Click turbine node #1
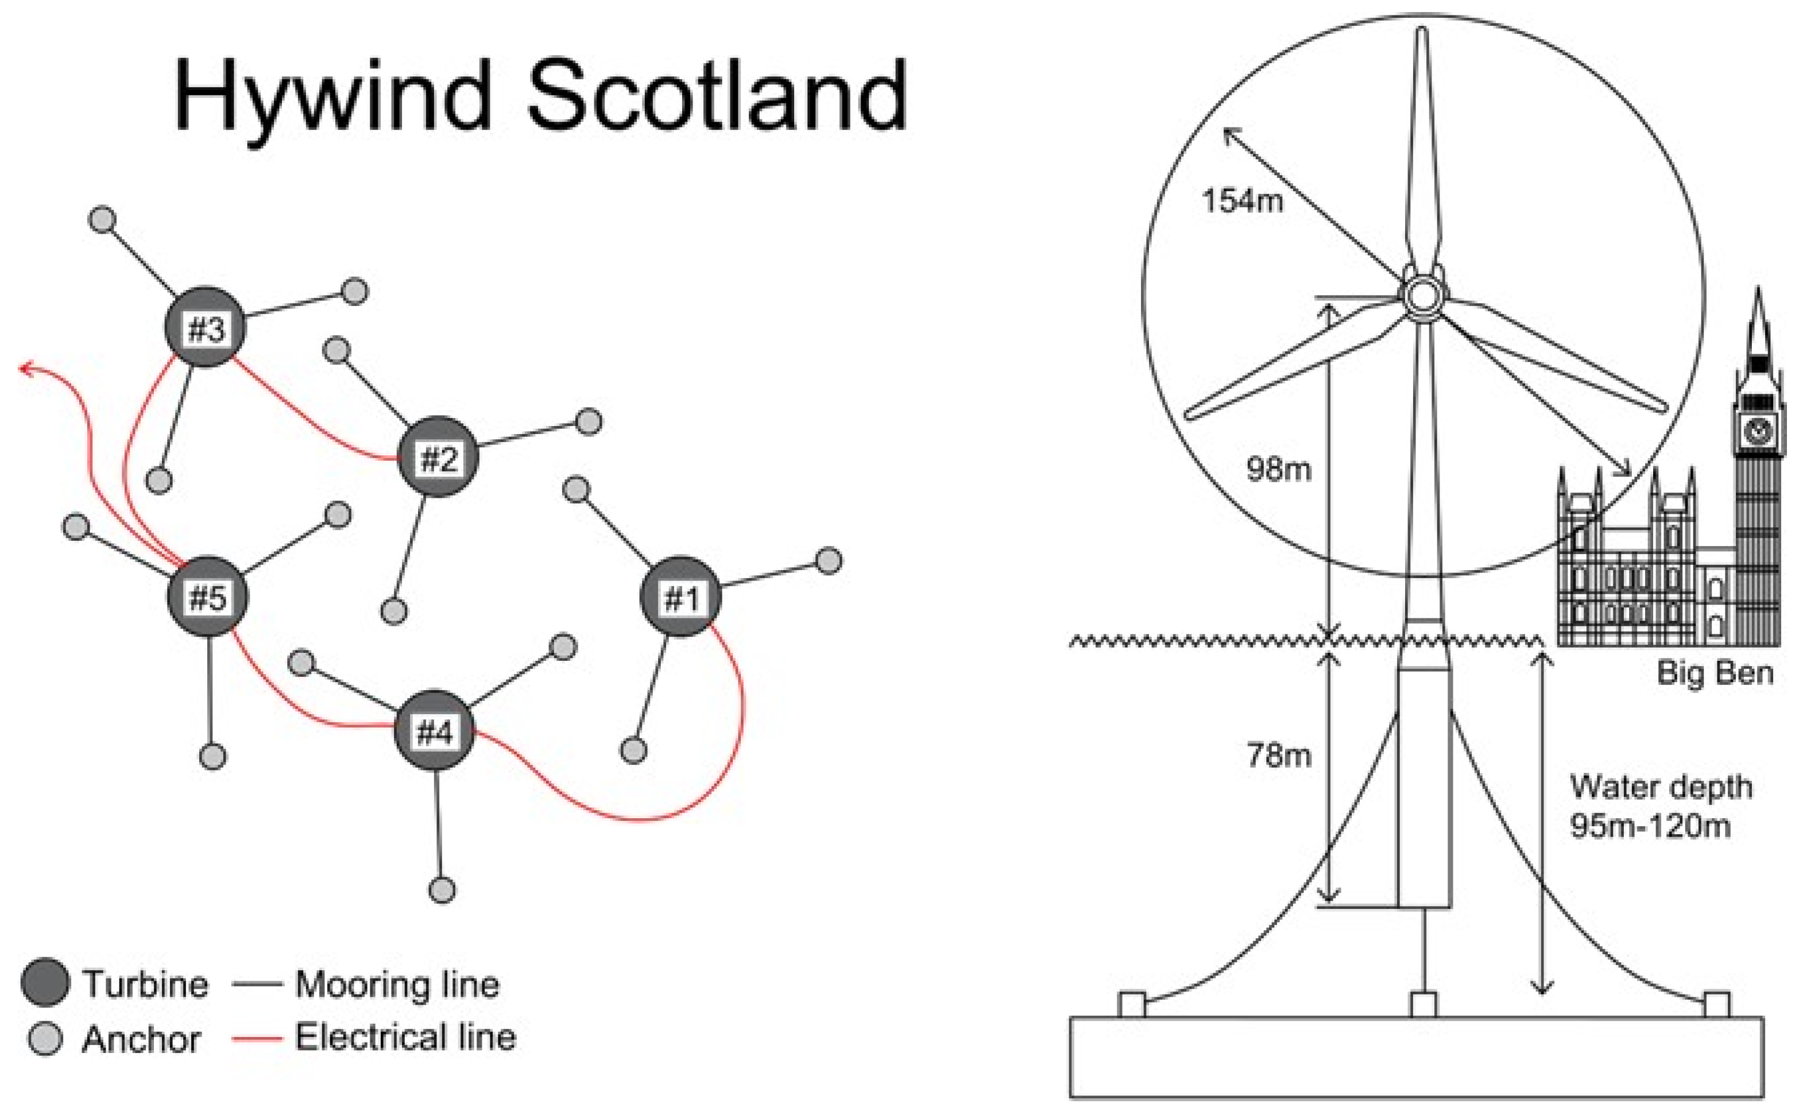pos(680,597)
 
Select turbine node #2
pos(438,456)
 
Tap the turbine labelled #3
pos(205,327)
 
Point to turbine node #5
pos(208,596)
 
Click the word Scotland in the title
pos(717,96)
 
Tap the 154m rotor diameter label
pos(1242,200)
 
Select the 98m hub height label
pos(1278,468)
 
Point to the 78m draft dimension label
pos(1279,755)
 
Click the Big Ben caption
pos(1715,673)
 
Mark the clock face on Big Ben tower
pos(1758,428)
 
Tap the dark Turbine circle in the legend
pos(45,984)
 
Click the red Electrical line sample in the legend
pos(257,1038)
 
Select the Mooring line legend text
pos(397,984)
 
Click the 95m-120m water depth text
pos(1650,827)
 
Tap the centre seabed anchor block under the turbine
pos(1422,1004)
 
